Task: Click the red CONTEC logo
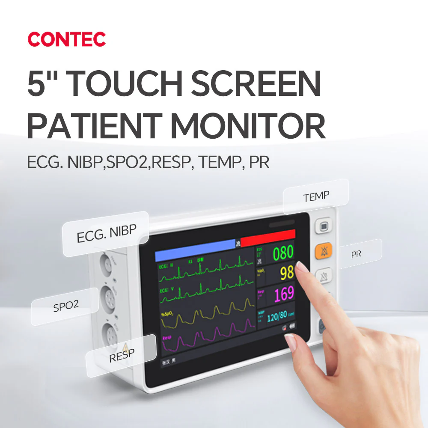pyautogui.click(x=66, y=39)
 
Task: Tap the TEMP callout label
pyautogui.click(x=316, y=196)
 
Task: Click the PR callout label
pyautogui.click(x=356, y=254)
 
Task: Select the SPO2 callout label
pyautogui.click(x=65, y=306)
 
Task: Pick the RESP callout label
pyautogui.click(x=122, y=355)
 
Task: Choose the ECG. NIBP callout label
pyautogui.click(x=106, y=234)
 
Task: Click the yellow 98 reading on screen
pyautogui.click(x=286, y=273)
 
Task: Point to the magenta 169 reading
pyautogui.click(x=284, y=293)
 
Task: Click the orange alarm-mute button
pyautogui.click(x=324, y=252)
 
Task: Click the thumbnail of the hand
pyautogui.click(x=290, y=341)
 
